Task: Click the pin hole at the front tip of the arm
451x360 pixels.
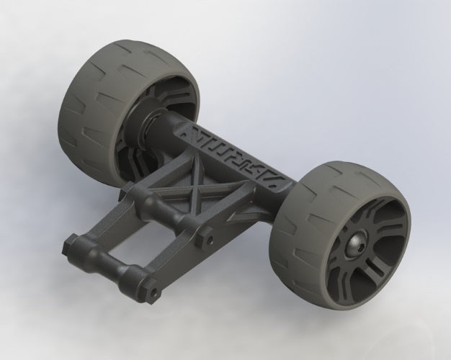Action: [154, 293]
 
